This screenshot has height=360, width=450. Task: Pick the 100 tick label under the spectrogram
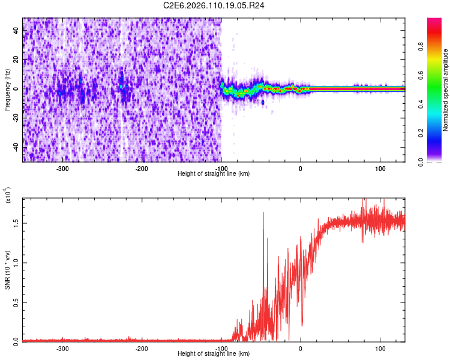tap(380, 169)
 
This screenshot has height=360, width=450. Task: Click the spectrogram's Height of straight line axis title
tap(214, 173)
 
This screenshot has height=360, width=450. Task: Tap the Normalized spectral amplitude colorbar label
tap(446, 90)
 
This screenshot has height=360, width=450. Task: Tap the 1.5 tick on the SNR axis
tap(16, 222)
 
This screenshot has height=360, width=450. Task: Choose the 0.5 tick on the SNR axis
tap(16, 301)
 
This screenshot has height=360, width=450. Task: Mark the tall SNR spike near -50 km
tap(263, 212)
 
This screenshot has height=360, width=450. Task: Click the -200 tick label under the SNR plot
tap(142, 349)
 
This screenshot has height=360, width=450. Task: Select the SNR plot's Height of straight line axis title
tap(214, 354)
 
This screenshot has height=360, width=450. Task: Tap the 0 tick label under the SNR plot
tap(301, 349)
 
